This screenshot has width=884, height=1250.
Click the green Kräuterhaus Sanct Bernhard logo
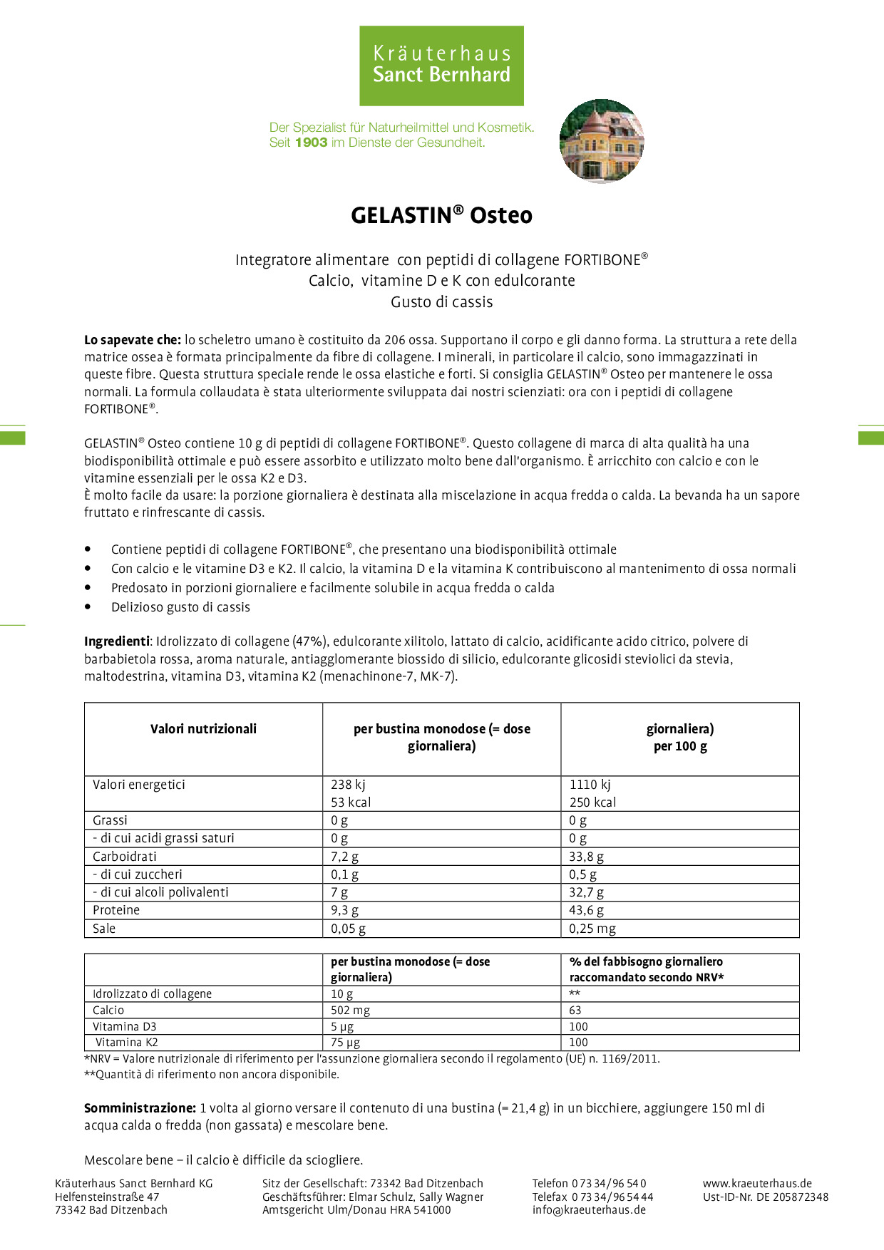441,66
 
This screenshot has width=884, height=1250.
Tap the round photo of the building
602,141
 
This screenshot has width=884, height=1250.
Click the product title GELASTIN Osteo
441,215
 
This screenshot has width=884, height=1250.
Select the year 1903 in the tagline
311,143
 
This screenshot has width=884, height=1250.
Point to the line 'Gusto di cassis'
441,302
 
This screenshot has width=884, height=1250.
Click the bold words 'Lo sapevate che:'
133,340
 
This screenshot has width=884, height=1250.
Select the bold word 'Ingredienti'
117,641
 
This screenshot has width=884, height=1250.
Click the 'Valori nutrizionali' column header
203,729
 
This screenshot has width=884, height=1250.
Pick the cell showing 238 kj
348,785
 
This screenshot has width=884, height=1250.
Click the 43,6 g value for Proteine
586,910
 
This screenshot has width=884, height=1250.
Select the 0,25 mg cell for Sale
592,929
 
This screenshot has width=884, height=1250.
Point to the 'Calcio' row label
108,1010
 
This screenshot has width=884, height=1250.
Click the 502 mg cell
350,1010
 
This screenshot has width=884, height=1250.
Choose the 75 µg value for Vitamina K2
345,1042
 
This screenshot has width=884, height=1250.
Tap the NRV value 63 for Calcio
575,1010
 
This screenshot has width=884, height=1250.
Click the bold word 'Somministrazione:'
140,1108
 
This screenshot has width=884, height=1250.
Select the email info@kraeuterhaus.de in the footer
589,1209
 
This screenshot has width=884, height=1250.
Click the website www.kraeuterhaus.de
757,1183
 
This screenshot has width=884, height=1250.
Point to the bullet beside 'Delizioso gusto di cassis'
88,607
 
